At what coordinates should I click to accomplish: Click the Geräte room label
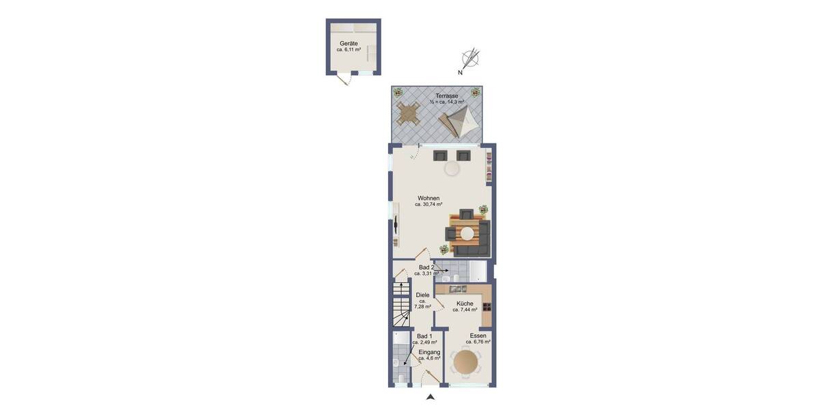coord(348,43)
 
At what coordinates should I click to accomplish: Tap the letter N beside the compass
coord(461,72)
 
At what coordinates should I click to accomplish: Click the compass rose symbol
coord(471,58)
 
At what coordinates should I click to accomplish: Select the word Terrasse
coord(447,96)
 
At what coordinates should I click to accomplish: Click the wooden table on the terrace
coord(409,113)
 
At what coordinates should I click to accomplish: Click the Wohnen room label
coord(428,198)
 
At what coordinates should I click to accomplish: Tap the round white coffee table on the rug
coord(467,233)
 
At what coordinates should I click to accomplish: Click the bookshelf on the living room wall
coord(489,167)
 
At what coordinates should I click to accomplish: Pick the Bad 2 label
coord(426,267)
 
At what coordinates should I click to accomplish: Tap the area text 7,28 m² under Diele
coord(422,307)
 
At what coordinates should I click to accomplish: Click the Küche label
coord(465,303)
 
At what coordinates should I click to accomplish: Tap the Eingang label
coord(429,352)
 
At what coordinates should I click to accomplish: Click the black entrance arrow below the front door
coord(430,396)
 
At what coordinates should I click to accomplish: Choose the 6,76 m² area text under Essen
coord(478,342)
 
